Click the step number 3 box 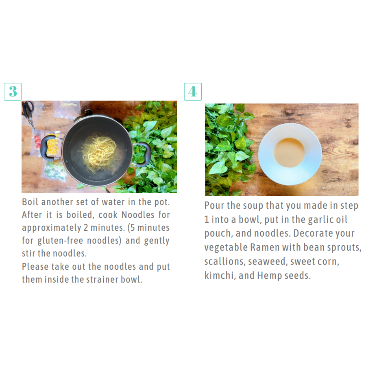[13, 91]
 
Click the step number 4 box [193, 91]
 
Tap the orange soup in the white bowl [289, 152]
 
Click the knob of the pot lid [88, 113]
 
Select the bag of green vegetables [54, 170]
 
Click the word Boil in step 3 [30, 202]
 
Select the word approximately [52, 228]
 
